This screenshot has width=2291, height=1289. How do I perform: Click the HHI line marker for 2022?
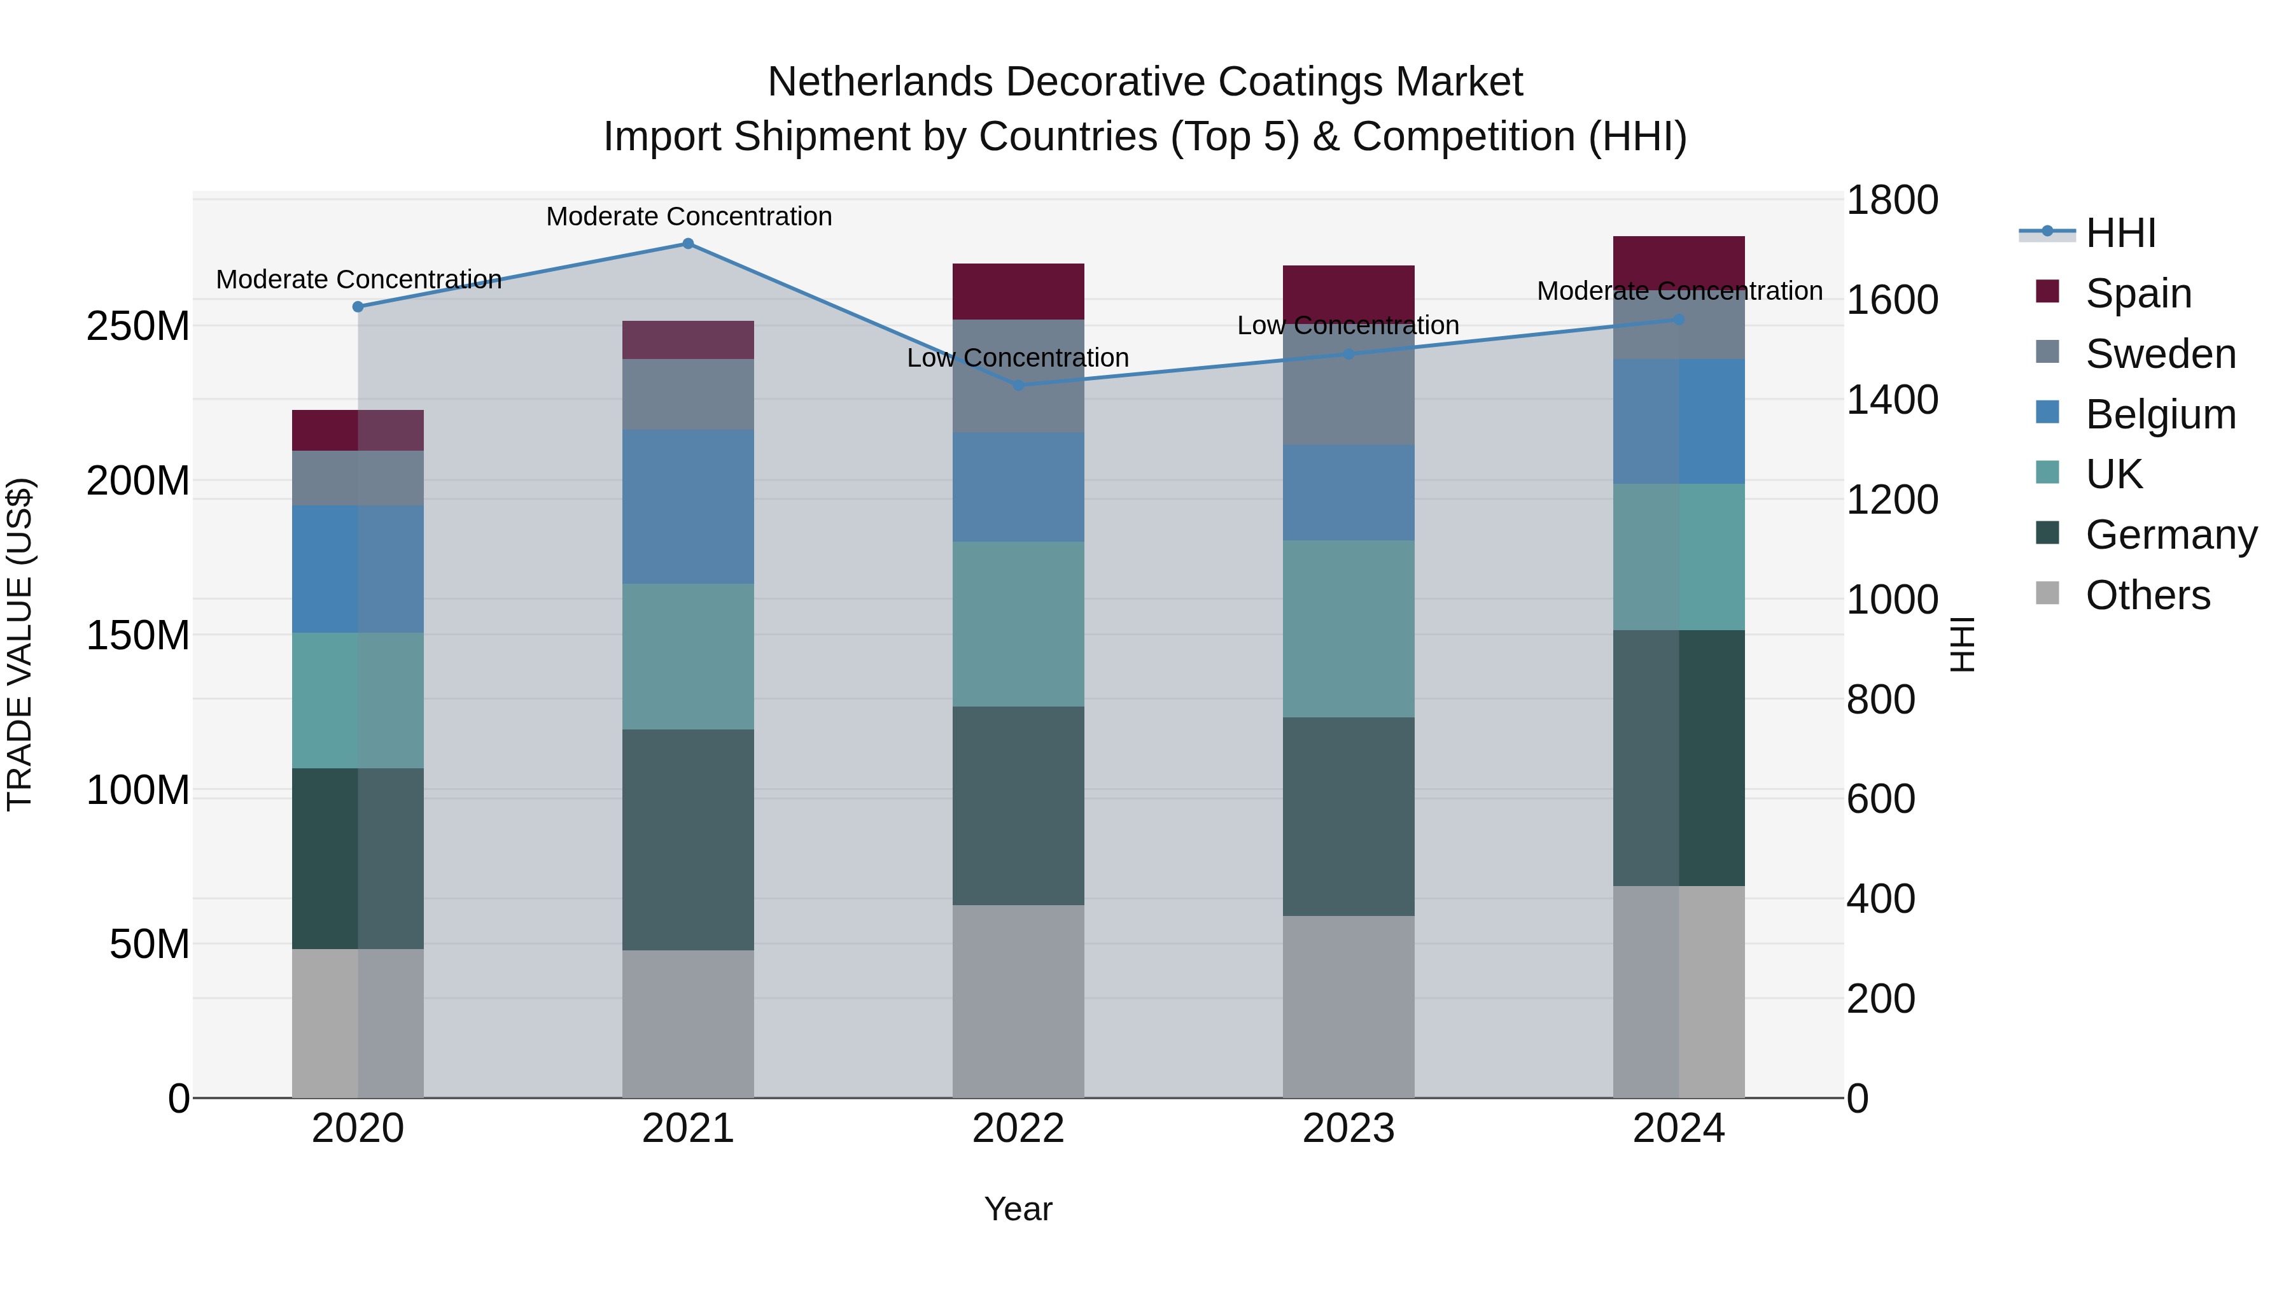click(x=1019, y=385)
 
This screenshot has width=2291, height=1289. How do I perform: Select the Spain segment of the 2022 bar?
click(x=1018, y=292)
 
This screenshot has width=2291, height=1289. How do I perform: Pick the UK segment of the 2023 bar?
click(x=1349, y=629)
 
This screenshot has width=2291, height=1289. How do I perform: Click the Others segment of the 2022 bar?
click(x=1018, y=1002)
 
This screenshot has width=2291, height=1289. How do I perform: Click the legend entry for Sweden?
click(x=2159, y=354)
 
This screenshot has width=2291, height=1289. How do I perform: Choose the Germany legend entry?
click(x=2170, y=535)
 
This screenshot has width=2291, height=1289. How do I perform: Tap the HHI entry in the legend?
click(x=2120, y=233)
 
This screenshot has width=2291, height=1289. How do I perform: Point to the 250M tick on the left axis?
click(x=138, y=327)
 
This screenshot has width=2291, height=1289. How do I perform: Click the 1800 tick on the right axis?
click(x=1892, y=200)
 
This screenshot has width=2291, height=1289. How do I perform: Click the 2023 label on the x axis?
click(x=1349, y=1129)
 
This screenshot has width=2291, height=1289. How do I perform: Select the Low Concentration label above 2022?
click(x=1018, y=358)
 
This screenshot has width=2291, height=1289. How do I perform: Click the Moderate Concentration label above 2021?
click(x=689, y=216)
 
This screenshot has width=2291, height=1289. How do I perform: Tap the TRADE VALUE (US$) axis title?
click(x=20, y=644)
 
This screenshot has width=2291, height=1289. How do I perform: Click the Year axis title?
click(x=1018, y=1209)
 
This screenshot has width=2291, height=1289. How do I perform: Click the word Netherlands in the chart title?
click(x=881, y=82)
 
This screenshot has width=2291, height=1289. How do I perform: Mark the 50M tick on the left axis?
click(x=150, y=944)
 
